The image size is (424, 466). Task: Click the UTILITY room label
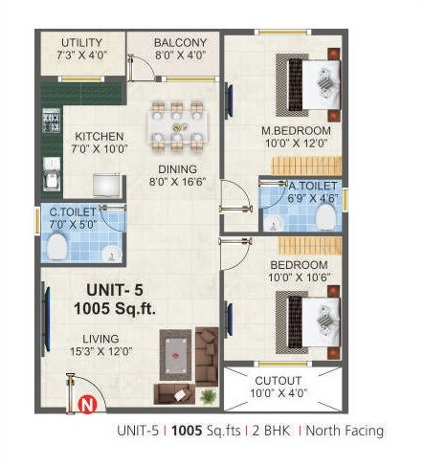82,43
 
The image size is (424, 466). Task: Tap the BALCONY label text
181,43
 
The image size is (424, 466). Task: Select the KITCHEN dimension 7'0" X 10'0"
99,149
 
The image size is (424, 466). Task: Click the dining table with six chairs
178,126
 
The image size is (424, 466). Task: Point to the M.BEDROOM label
296,130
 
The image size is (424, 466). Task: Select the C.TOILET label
74,212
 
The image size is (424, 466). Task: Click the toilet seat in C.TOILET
57,249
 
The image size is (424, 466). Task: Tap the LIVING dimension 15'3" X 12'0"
100,350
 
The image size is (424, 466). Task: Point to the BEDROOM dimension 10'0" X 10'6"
299,277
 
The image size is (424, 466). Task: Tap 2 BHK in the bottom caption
271,431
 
